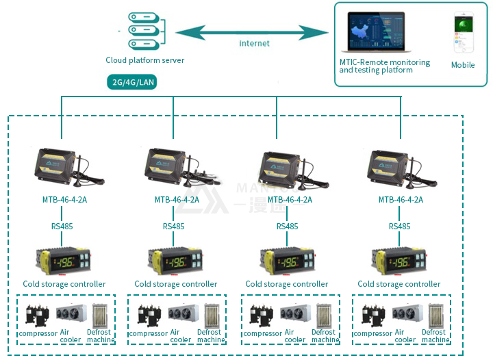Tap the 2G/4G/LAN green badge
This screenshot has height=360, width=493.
point(133,82)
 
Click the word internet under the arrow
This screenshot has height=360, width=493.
point(254,43)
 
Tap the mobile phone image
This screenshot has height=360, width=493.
point(463,34)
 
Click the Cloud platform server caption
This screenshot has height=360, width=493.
point(145,60)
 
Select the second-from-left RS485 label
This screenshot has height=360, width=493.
point(173,227)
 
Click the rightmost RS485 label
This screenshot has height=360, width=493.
point(400,227)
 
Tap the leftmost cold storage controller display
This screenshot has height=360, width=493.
point(66,261)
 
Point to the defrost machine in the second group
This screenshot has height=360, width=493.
point(211,316)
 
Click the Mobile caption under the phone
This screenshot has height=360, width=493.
point(463,65)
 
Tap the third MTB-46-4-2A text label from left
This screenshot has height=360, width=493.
point(289,200)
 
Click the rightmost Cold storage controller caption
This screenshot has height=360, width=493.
point(399,284)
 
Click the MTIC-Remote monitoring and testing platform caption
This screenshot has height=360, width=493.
point(384,66)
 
